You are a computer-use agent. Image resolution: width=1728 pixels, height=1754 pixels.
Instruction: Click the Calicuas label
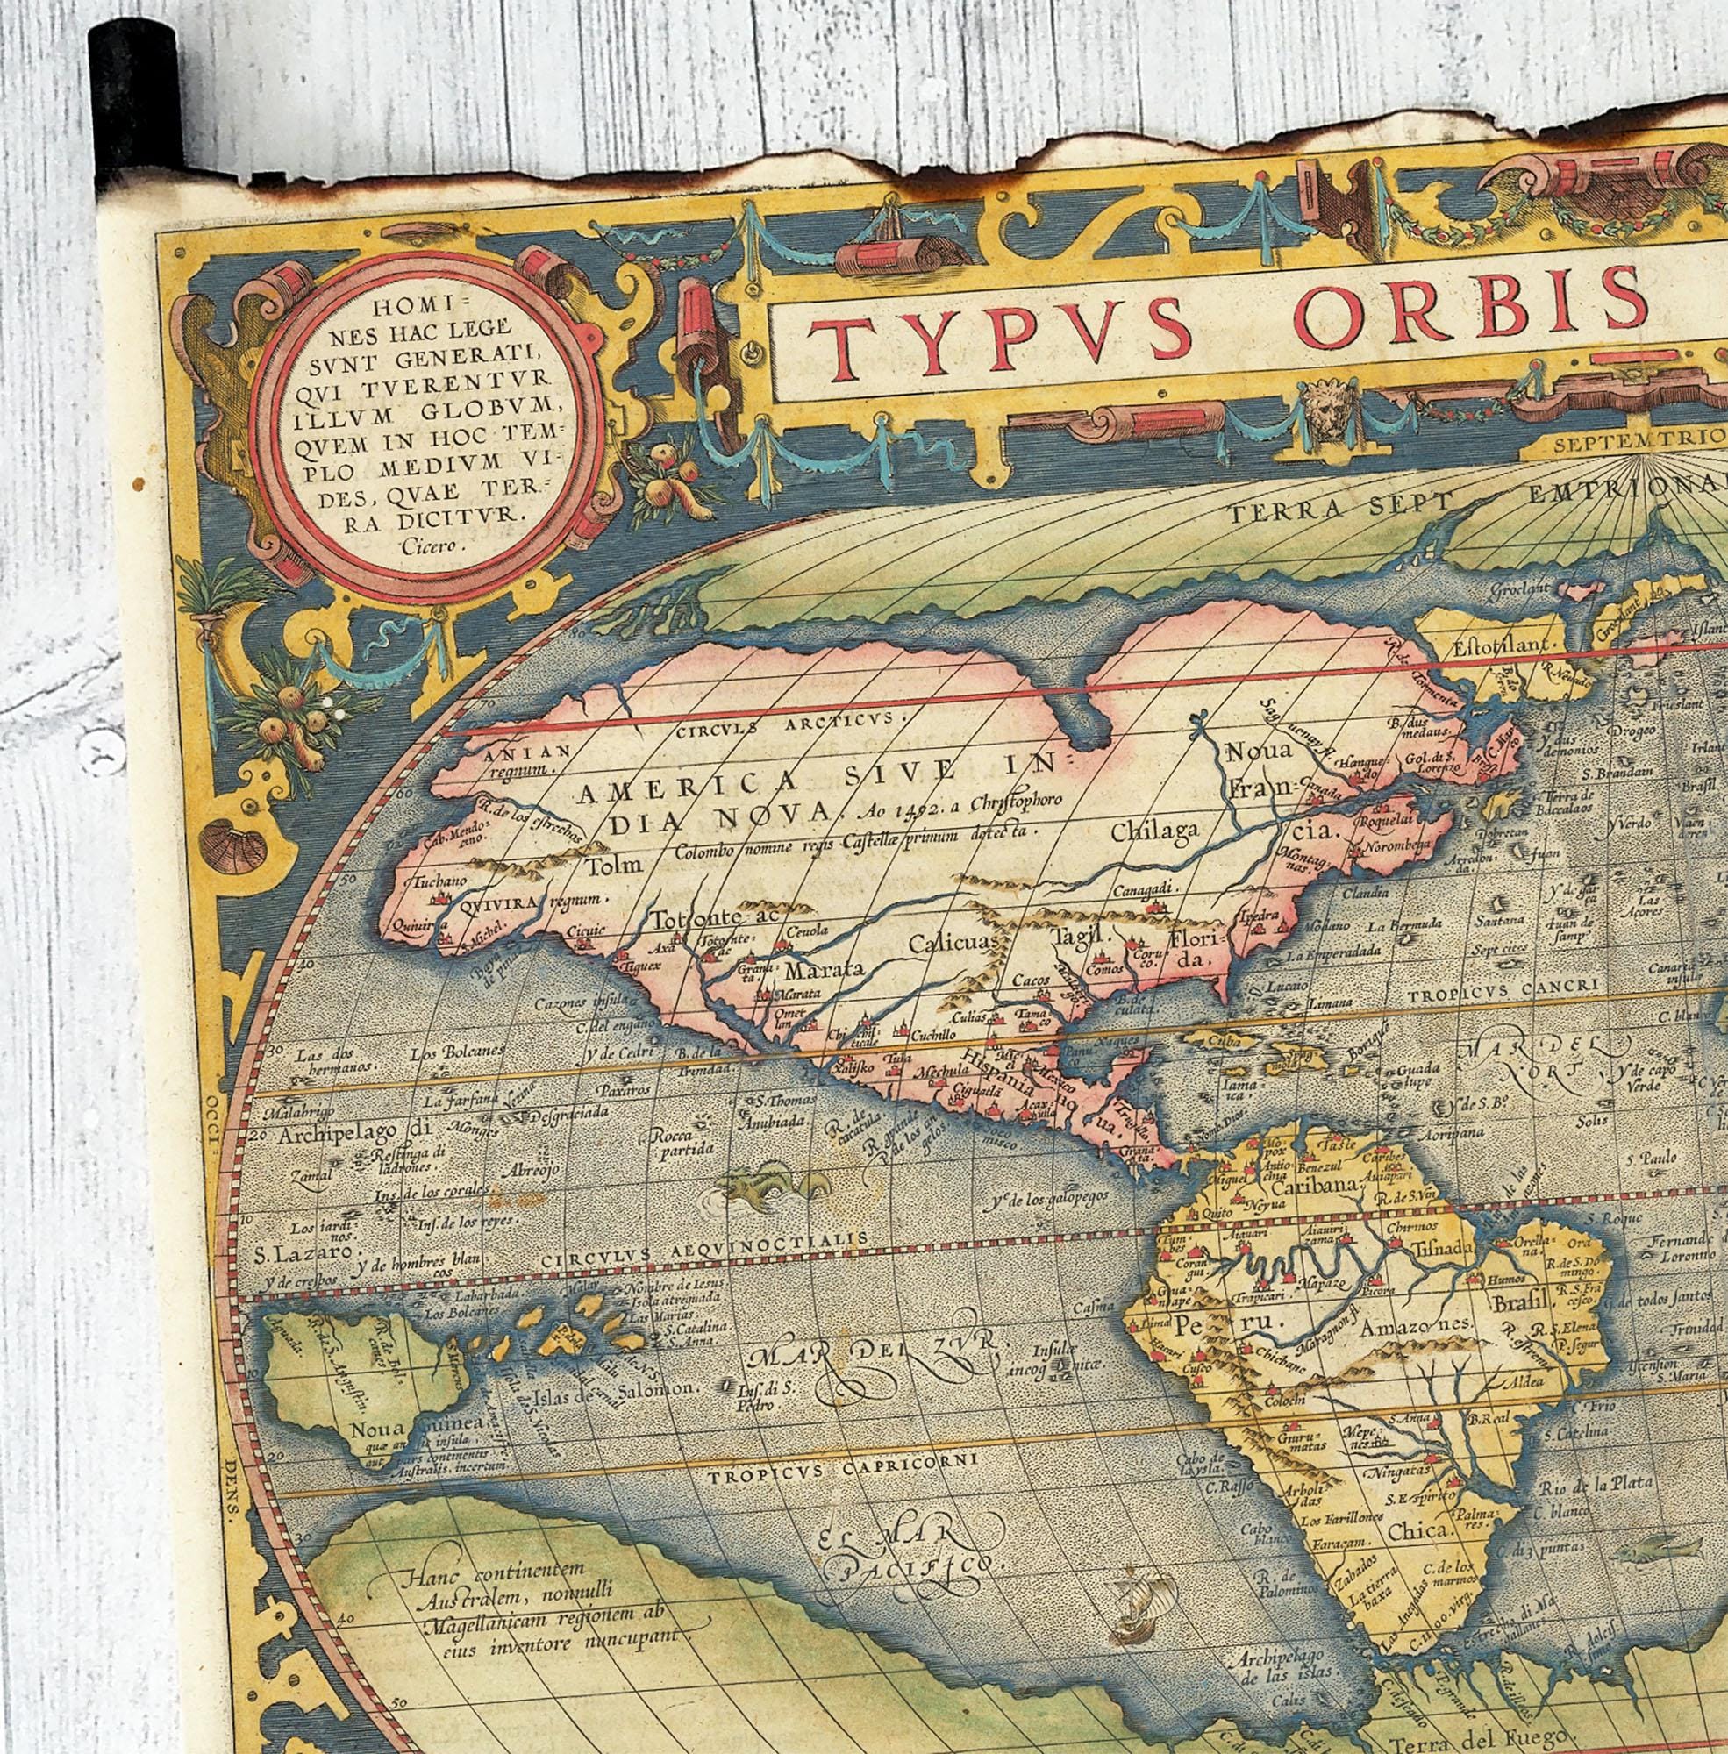point(953,943)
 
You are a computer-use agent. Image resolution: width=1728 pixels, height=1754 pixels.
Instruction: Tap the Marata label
point(813,971)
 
